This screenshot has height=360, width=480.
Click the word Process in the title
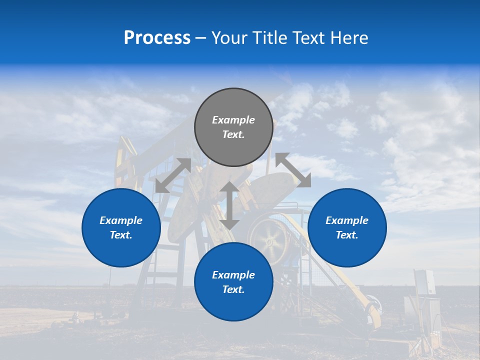tap(157, 38)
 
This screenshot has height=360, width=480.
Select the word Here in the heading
tap(349, 38)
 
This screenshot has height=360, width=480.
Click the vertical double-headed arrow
tap(229, 205)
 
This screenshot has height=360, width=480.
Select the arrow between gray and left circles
tap(173, 175)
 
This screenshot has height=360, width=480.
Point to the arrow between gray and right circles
tap(293, 170)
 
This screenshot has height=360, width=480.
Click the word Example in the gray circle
tap(233, 120)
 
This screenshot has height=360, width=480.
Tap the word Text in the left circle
tap(121, 235)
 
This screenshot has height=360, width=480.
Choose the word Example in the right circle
tap(347, 220)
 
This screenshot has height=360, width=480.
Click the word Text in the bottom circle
tap(233, 289)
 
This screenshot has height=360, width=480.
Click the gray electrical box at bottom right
tap(424, 282)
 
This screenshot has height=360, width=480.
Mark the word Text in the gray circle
tap(233, 134)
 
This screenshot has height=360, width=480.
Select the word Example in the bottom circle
tap(233, 275)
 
